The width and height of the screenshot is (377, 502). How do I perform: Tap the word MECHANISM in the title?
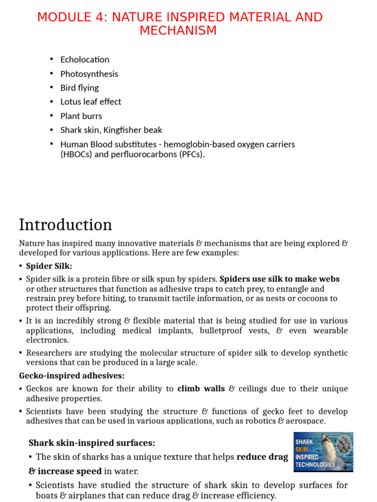pos(178,30)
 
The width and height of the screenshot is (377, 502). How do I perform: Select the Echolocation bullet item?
pos(84,59)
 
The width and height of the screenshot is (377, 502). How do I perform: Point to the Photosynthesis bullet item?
pos(89,74)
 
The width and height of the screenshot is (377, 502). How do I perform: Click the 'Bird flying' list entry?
pos(79,88)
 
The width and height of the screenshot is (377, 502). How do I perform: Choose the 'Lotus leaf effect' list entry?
pos(90,101)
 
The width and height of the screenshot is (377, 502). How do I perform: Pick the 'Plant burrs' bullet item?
pos(81,116)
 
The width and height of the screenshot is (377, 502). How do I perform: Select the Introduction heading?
pos(65,225)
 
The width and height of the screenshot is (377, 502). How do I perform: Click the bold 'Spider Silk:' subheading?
pos(49,266)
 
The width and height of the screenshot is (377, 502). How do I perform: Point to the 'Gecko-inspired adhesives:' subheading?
pos(72,376)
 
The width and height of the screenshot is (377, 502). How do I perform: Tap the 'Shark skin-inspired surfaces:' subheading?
pos(92,443)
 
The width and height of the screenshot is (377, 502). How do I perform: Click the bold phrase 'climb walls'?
pos(201,389)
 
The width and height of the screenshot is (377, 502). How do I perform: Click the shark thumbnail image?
pos(323,452)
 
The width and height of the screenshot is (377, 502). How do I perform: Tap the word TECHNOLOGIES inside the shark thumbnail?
pos(315,464)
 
